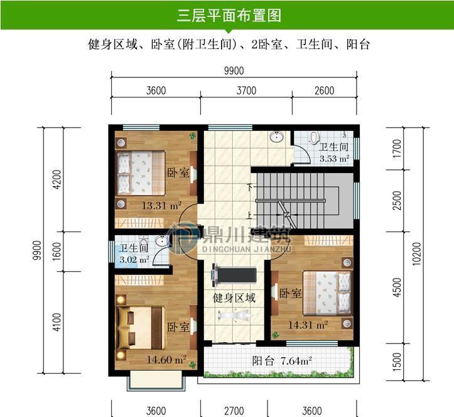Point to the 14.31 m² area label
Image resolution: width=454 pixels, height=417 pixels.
click(x=308, y=325)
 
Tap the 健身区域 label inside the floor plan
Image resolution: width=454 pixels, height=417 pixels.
click(x=234, y=298)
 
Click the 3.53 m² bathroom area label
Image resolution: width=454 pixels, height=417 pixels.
click(x=334, y=159)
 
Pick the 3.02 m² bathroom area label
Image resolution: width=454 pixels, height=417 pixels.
click(x=134, y=259)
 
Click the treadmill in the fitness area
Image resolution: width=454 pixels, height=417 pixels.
click(x=234, y=274)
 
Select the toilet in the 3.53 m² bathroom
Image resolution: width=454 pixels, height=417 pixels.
click(x=312, y=138)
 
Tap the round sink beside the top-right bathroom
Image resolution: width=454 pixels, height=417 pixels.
click(x=277, y=138)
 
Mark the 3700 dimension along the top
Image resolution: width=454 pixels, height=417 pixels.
click(x=246, y=90)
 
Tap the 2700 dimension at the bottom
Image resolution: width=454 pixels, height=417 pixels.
click(x=234, y=411)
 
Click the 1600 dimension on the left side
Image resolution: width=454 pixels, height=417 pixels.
click(x=57, y=252)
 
